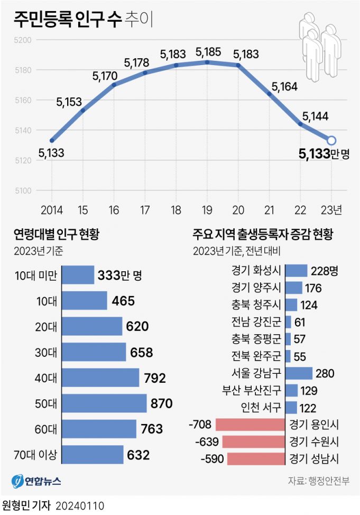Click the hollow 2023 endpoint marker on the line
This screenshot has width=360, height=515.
[x=331, y=140]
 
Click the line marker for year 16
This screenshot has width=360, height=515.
[x=114, y=85]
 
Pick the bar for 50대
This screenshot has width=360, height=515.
[x=105, y=403]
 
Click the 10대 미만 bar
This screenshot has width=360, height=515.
[x=78, y=275]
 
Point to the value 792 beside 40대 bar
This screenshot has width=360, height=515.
[x=155, y=378]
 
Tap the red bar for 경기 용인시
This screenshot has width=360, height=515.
[x=250, y=424]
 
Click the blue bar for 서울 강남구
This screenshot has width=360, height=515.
[x=299, y=374]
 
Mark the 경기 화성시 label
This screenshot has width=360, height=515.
[x=256, y=271]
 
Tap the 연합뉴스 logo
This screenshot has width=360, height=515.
[x=36, y=482]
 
